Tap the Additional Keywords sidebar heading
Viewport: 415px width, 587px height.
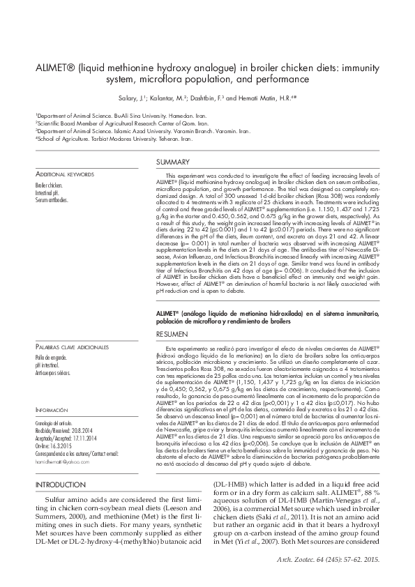65,174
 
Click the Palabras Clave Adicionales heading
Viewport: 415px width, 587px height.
72,346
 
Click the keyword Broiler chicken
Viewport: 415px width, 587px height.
49,186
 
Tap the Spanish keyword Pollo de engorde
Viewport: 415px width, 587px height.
52,358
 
